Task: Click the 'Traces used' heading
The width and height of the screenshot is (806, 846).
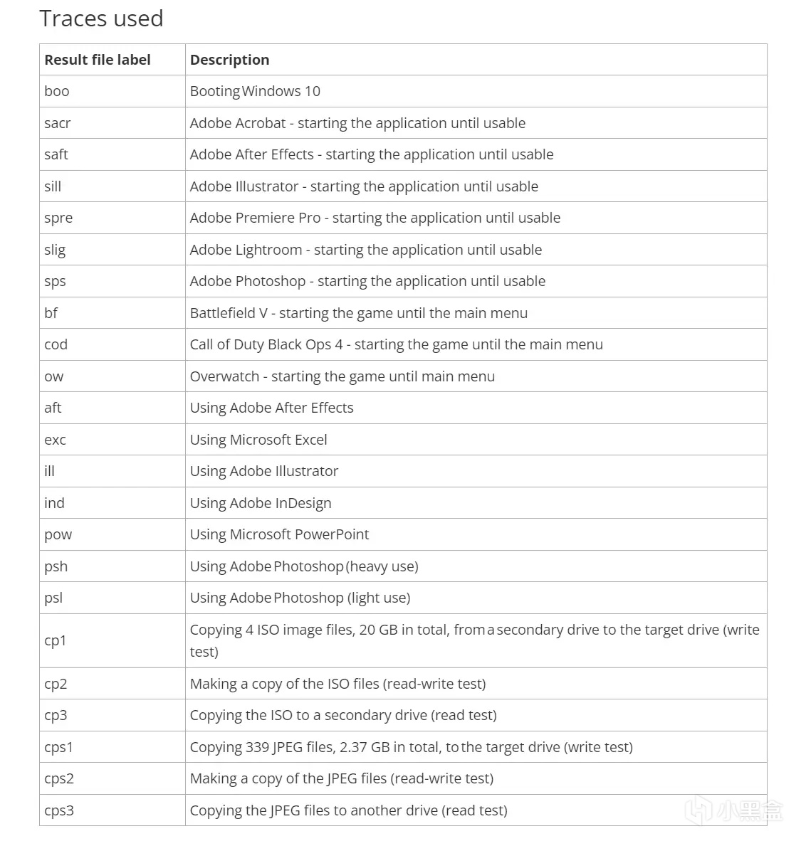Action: tap(101, 18)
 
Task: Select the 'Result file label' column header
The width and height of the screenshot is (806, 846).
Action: tap(98, 60)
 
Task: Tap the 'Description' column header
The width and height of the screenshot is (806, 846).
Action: tap(229, 60)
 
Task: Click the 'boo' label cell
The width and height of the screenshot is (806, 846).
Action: tap(57, 91)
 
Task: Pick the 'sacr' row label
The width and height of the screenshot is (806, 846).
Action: tap(58, 123)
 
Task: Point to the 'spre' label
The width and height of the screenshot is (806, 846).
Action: tap(58, 218)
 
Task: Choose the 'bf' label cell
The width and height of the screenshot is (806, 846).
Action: tap(51, 313)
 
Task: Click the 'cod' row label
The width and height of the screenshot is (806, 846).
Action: tap(56, 344)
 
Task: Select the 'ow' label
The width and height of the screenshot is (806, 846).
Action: tap(54, 376)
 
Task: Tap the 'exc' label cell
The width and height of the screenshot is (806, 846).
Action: tap(56, 440)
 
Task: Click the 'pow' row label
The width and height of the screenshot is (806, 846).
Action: tap(58, 535)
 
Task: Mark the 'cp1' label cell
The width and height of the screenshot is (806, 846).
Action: tap(56, 640)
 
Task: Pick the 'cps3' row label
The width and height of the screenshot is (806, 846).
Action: tap(59, 810)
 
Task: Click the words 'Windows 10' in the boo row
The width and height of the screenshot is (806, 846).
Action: tap(282, 91)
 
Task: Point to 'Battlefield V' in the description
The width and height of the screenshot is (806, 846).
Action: tap(229, 313)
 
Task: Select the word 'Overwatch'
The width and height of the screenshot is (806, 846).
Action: tap(224, 376)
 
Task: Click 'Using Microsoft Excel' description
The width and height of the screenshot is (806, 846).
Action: tap(258, 440)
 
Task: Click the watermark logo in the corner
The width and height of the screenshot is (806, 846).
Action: tap(734, 810)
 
